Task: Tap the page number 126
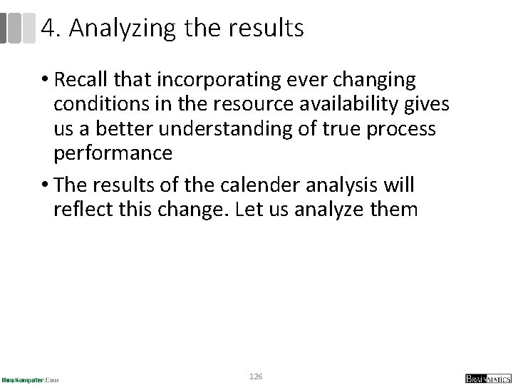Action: [x=256, y=375]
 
